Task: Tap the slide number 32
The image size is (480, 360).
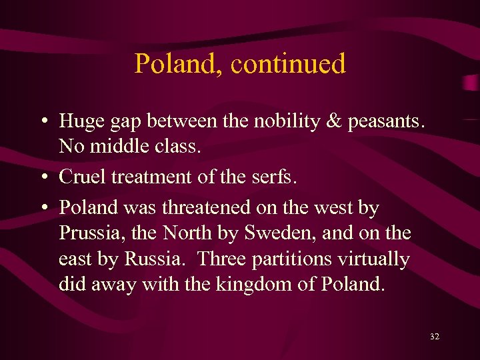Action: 435,337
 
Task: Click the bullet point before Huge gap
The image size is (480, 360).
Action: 43,121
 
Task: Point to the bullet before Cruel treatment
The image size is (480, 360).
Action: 43,177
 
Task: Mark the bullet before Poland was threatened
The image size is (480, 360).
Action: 43,209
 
